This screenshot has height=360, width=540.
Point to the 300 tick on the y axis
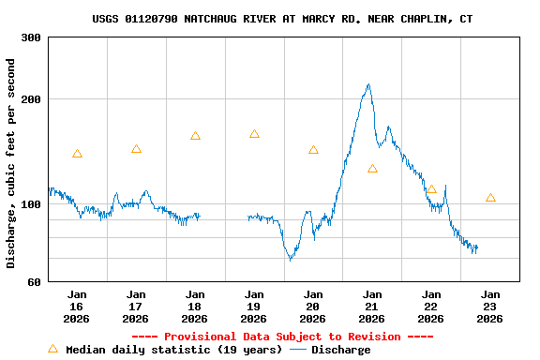coord(30,37)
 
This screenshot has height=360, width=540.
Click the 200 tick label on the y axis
coord(30,99)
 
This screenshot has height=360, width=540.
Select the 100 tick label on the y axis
coord(30,204)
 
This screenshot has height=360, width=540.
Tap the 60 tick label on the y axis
coord(34,281)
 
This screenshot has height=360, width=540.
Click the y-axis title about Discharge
coord(11,163)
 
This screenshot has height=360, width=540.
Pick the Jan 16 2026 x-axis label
coord(77,306)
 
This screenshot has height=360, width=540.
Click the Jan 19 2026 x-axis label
coord(254,306)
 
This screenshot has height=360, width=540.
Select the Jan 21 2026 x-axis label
coord(372,306)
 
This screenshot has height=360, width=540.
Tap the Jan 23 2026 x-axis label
coord(490,306)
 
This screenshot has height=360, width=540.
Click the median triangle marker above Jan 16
coord(77,154)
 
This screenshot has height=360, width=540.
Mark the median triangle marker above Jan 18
coord(195,136)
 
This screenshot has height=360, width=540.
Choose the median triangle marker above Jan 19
coord(254,134)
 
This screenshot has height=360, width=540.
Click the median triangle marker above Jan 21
coord(372,169)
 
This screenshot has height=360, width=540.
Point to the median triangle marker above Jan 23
coord(490,198)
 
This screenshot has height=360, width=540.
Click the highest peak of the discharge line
coord(368,84)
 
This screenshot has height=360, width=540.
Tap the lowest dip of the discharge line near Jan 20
coord(291,259)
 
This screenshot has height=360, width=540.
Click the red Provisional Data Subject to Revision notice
coord(282,337)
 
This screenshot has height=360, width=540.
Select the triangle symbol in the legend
coord(52,349)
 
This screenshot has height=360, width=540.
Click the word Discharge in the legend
coord(340,350)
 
